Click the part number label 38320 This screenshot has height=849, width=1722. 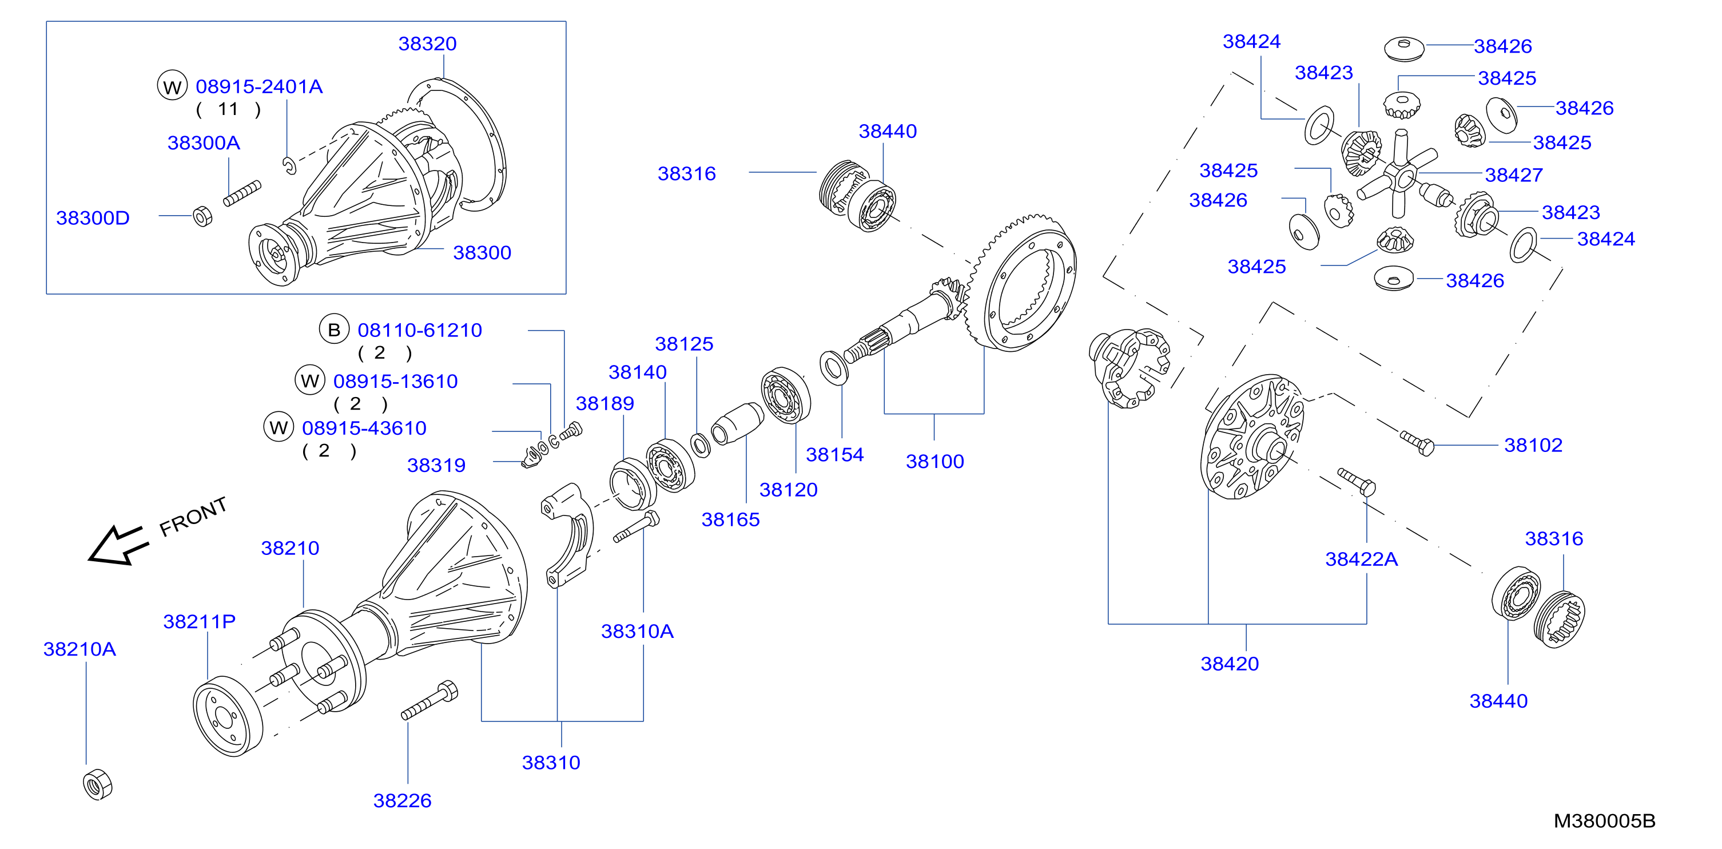tap(427, 44)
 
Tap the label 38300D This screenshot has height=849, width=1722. tap(93, 218)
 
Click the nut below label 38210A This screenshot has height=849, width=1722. tap(98, 784)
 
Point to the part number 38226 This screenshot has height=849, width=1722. tap(403, 801)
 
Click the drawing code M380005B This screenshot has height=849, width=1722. tap(1604, 821)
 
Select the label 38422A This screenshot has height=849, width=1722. tap(1362, 560)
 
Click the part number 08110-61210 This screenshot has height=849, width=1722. tap(420, 330)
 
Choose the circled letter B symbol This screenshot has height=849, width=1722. tap(334, 330)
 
